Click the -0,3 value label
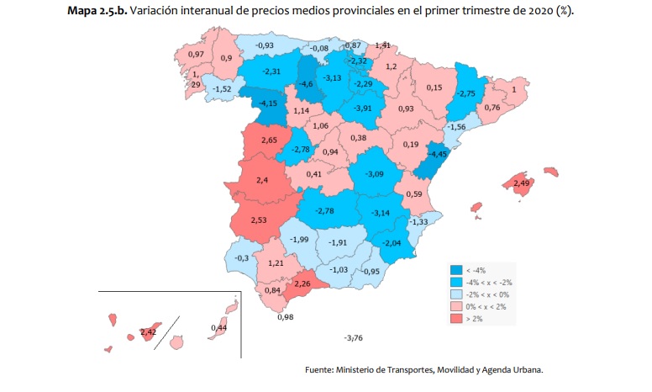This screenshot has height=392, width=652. click(241, 257)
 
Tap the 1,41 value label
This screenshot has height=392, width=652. click(382, 45)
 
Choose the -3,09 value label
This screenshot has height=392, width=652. click(374, 174)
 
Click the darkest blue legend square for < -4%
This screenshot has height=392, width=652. click(455, 270)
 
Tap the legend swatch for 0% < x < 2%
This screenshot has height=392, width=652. click(455, 307)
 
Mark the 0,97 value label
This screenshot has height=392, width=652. click(197, 55)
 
